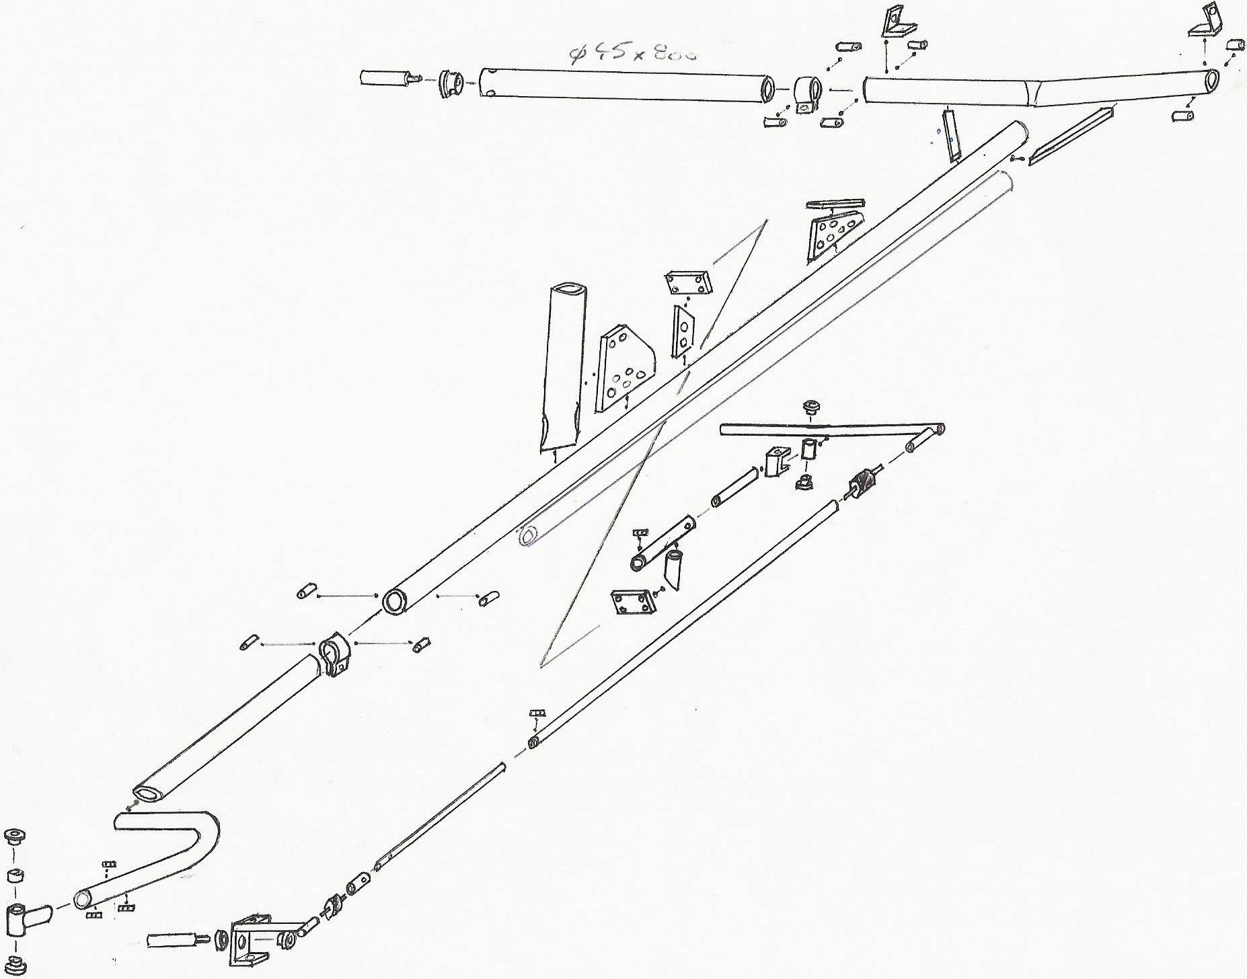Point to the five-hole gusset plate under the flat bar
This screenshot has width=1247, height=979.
pos(831,239)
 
